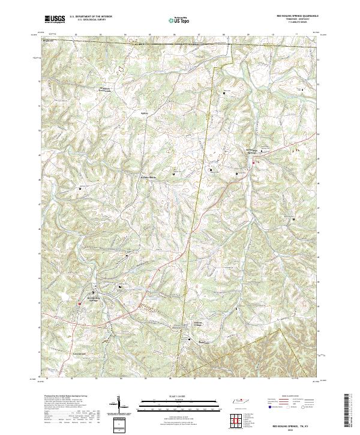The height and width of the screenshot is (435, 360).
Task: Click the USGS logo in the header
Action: click(x=55, y=19)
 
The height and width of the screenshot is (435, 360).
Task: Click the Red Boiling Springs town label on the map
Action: click(x=96, y=299)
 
